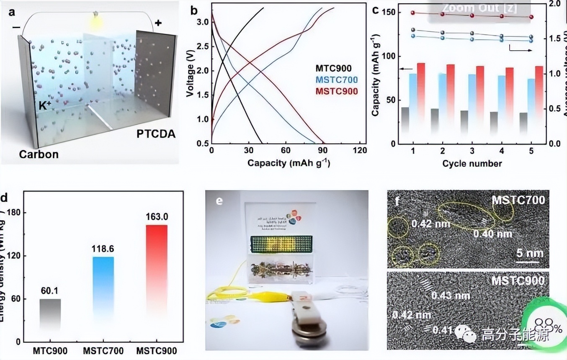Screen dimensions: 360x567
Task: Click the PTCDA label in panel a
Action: click(155, 134)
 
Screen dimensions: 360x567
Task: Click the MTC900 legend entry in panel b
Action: click(334, 68)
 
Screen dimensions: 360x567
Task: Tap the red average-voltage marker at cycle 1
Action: click(413, 13)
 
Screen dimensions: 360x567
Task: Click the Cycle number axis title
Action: click(472, 163)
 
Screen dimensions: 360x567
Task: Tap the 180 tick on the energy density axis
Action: click(18, 213)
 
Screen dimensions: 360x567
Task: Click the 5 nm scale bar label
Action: click(529, 253)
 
